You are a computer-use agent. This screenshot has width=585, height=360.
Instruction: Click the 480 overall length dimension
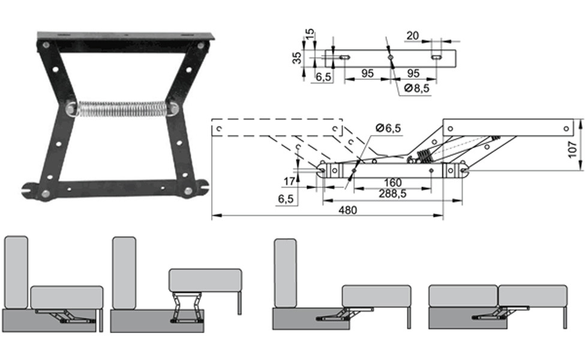pos(347,210)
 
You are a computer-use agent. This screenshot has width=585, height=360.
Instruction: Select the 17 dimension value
pos(289,180)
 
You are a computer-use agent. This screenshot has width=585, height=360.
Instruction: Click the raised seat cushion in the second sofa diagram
pos(205,280)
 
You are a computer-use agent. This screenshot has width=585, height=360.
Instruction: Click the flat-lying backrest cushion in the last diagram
pos(463,296)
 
